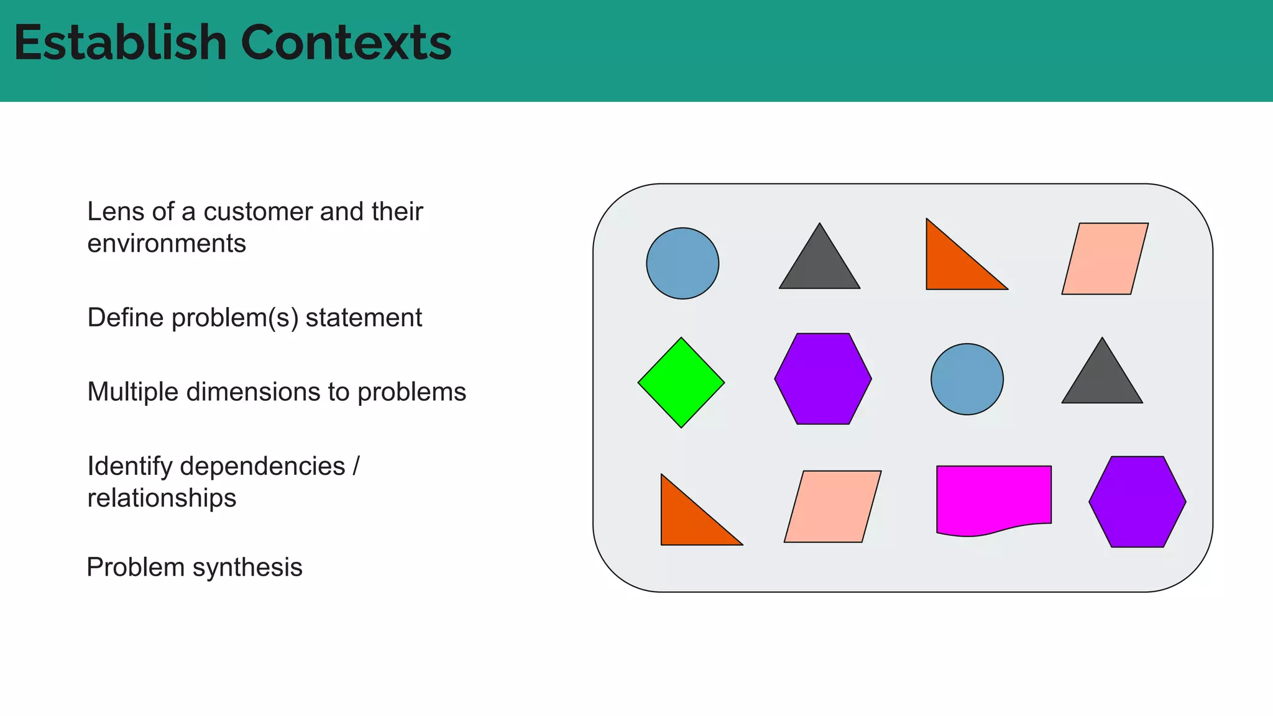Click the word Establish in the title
[x=121, y=43]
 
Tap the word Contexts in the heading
[x=346, y=43]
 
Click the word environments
[x=167, y=244]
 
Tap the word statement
[x=364, y=318]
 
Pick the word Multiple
[x=132, y=392]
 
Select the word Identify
[x=129, y=466]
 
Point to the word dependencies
[x=262, y=466]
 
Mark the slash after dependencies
[x=356, y=466]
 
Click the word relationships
[x=162, y=498]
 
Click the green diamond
[x=681, y=383]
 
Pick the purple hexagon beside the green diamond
[x=823, y=379]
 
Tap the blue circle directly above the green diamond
[x=682, y=264]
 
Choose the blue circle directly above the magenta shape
[x=967, y=379]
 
